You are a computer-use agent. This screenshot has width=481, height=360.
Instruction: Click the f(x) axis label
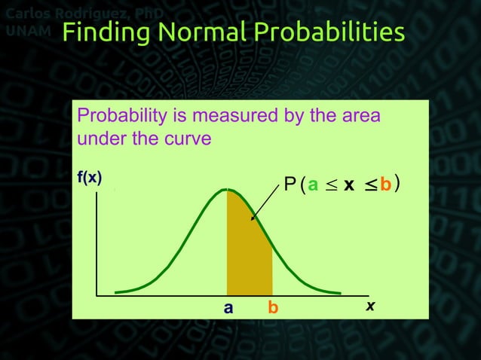(x=88, y=178)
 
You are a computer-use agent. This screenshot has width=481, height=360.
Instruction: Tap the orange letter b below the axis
(x=273, y=308)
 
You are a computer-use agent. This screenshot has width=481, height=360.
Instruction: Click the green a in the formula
(x=313, y=185)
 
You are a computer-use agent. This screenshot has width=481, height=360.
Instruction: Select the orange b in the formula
(x=384, y=185)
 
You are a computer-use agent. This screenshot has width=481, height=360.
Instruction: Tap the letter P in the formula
(x=290, y=185)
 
